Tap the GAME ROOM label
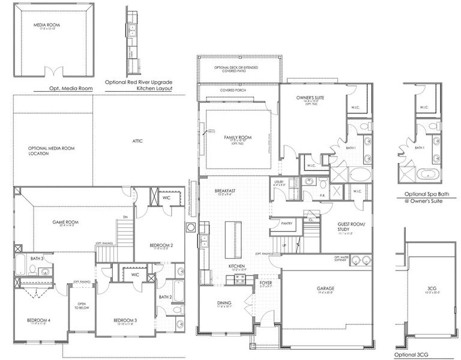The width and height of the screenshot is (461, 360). click(x=65, y=222)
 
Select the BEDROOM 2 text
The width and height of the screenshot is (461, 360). click(x=160, y=245)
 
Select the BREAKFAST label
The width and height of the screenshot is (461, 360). click(x=226, y=191)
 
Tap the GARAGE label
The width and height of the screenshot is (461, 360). click(x=326, y=289)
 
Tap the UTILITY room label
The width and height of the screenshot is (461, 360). click(x=279, y=181)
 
